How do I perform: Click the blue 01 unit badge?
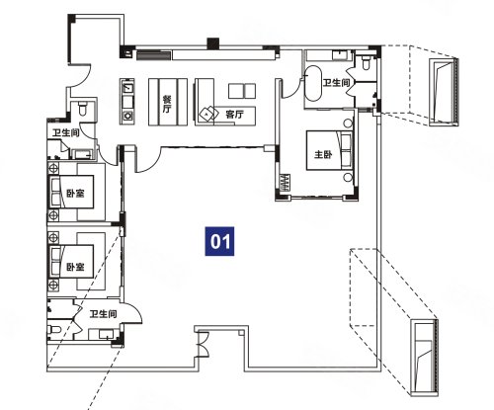click(219, 241)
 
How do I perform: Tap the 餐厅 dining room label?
click(167, 104)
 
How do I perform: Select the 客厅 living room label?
click(234, 115)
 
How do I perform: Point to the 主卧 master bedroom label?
click(323, 154)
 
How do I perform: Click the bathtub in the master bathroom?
click(312, 83)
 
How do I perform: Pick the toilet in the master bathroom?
click(366, 62)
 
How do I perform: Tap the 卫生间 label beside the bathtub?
click(336, 83)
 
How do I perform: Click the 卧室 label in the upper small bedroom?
click(75, 193)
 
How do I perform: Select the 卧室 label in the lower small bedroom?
click(75, 267)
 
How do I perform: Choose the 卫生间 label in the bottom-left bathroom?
click(103, 314)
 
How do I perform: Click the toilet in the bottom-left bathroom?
click(54, 329)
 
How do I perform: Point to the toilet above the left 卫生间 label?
click(83, 108)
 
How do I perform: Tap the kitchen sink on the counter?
click(127, 88)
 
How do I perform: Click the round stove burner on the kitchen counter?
click(127, 116)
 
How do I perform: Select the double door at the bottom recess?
click(202, 344)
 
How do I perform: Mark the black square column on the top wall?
click(213, 43)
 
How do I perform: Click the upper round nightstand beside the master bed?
click(348, 123)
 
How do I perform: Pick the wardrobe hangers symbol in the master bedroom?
click(285, 183)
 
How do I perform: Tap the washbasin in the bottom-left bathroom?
click(107, 335)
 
